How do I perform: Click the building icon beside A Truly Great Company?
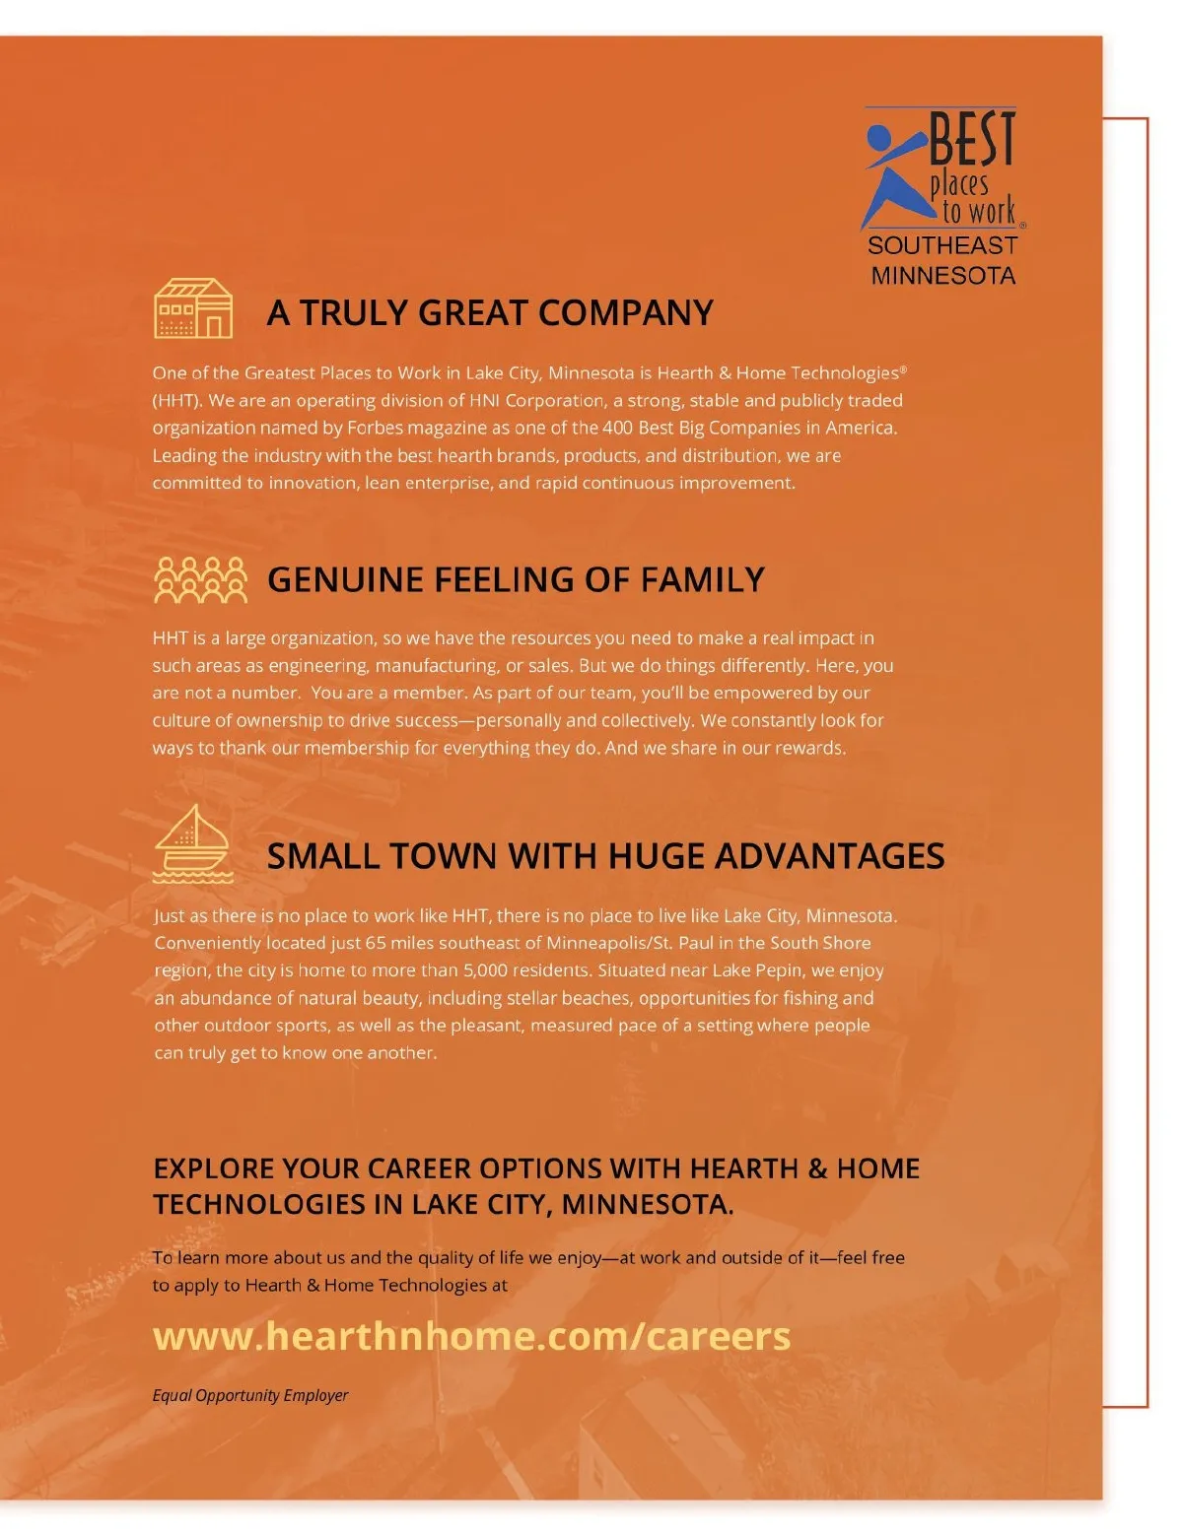[x=193, y=308]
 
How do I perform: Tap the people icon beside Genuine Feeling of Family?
[x=201, y=579]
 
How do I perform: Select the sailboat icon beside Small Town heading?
[x=193, y=844]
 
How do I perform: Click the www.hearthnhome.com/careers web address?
[x=471, y=1336]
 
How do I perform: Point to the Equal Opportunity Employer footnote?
[x=250, y=1395]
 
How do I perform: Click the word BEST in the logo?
[x=972, y=140]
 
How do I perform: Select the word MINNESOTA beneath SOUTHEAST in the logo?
[x=943, y=275]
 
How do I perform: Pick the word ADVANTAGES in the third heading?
[x=829, y=856]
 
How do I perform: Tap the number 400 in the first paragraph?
[x=617, y=428]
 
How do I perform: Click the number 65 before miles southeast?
[x=376, y=943]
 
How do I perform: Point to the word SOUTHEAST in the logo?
[x=942, y=245]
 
